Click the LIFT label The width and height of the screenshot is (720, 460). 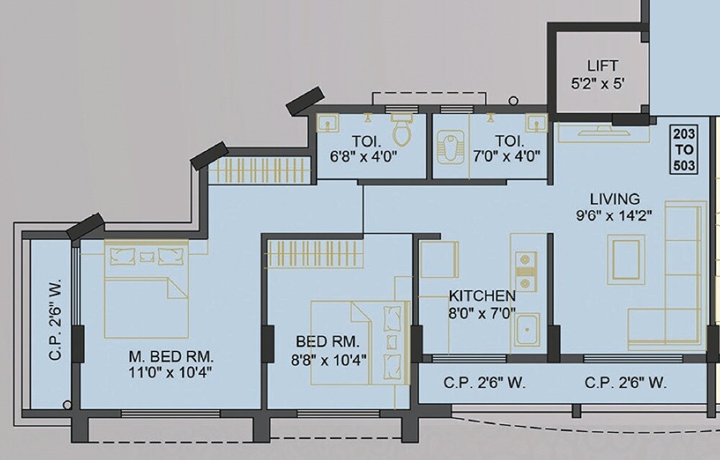click(602, 66)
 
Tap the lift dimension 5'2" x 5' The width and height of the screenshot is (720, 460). click(598, 83)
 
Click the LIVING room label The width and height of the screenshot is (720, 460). click(614, 199)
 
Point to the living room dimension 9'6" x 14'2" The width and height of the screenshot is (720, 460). click(614, 216)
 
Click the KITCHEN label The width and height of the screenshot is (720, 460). click(482, 296)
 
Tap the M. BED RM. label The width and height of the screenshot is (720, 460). click(171, 356)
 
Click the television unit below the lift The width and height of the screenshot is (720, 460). click(596, 132)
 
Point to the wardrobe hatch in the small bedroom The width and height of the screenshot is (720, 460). click(314, 252)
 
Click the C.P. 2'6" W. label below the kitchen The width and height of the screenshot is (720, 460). click(484, 383)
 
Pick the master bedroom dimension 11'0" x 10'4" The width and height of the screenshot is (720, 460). click(171, 373)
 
